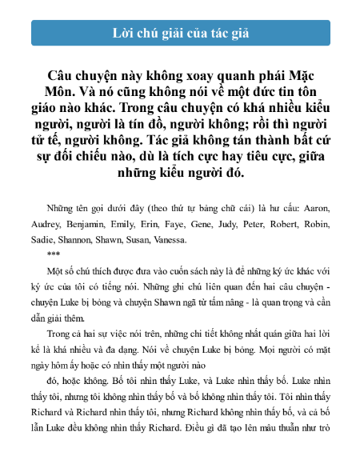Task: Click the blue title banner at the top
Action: (180, 33)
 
